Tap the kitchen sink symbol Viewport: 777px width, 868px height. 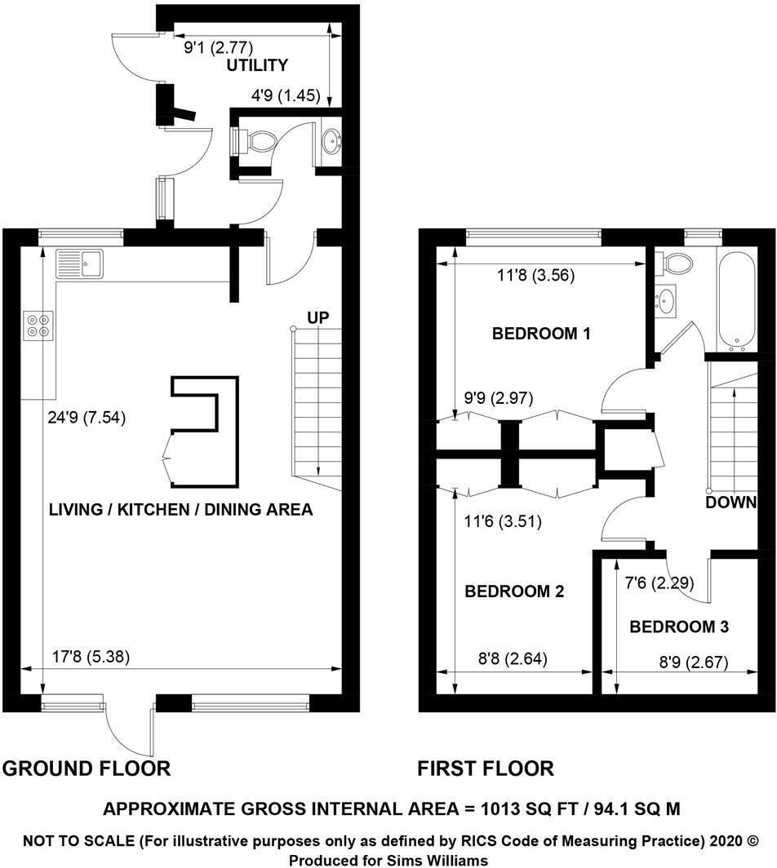78,263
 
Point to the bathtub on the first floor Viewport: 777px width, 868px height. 737,297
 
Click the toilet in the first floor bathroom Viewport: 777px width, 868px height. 677,262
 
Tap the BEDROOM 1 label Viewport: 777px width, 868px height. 540,334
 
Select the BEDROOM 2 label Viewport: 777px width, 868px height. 514,591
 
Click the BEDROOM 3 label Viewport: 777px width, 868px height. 679,627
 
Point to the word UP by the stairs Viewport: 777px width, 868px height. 317,317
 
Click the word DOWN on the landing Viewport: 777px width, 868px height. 731,503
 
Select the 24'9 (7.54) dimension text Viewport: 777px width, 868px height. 86,418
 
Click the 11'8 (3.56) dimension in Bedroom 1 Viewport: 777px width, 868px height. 537,276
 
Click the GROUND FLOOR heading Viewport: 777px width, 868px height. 87,768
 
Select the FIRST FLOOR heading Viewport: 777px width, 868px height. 486,768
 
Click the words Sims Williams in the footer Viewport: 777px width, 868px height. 441,860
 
